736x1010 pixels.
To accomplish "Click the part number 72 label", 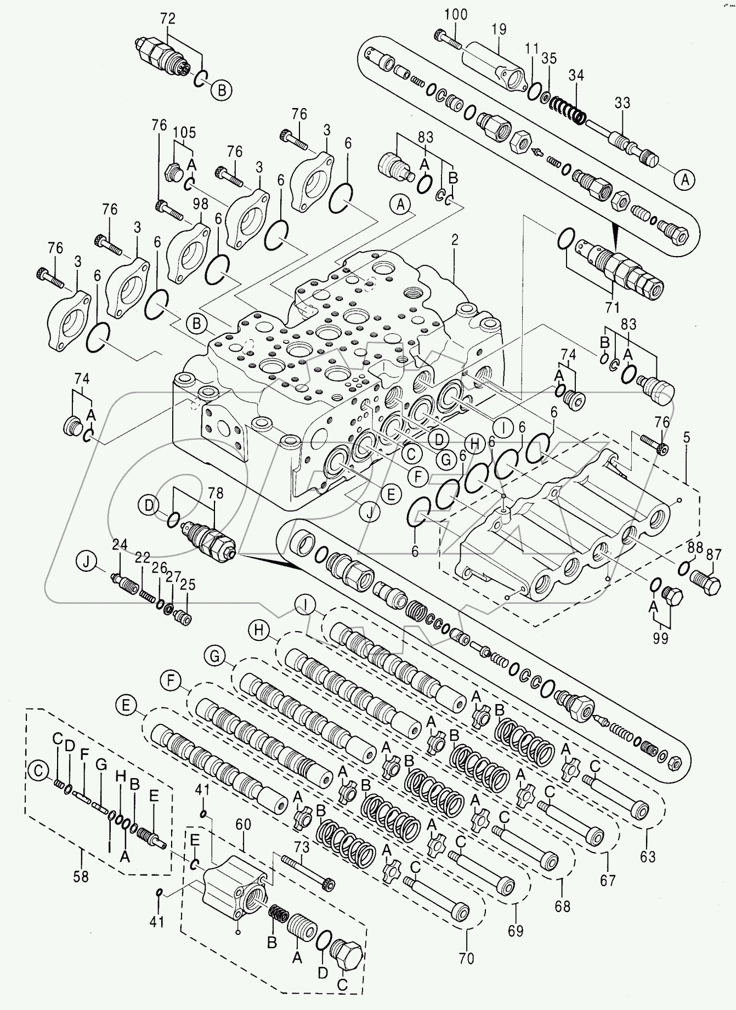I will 167,19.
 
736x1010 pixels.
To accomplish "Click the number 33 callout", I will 622,103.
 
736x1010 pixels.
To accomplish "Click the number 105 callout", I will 184,133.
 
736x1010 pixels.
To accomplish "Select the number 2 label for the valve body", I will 455,240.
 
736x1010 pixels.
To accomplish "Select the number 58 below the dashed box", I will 81,876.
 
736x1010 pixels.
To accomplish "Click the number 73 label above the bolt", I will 302,847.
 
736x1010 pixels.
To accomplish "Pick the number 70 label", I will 467,958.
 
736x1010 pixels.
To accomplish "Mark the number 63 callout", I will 648,856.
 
